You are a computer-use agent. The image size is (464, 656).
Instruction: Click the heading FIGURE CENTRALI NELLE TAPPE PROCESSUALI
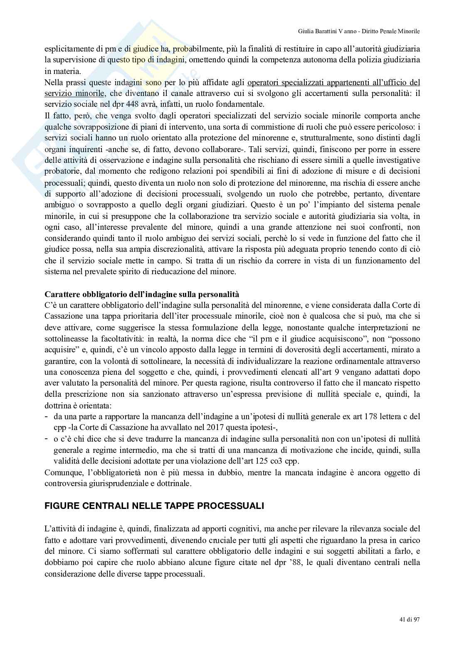[x=154, y=506]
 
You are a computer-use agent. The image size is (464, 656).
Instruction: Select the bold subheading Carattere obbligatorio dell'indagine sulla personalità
[x=142, y=294]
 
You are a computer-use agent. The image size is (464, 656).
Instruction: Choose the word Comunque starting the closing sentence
[x=62, y=472]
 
